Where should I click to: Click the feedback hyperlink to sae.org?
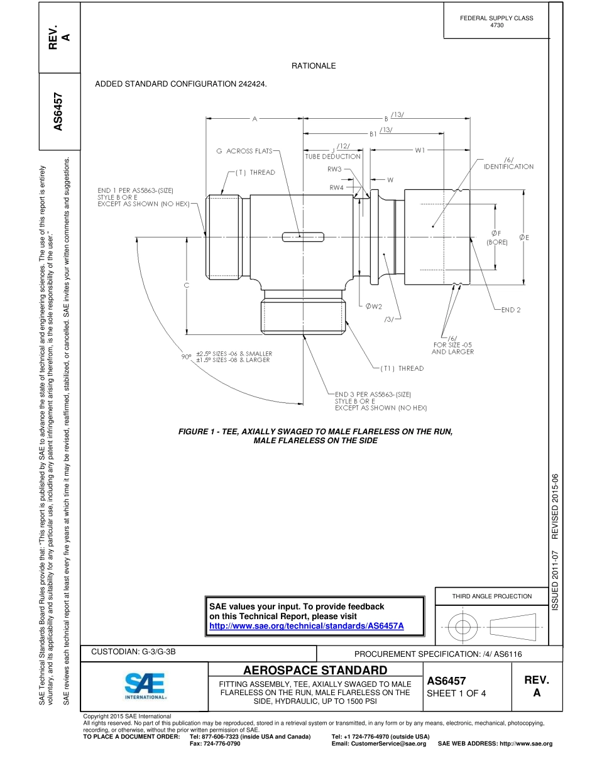pyautogui.click(x=306, y=626)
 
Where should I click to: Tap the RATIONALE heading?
pyautogui.click(x=314, y=66)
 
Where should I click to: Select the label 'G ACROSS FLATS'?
pyautogui.click(x=244, y=151)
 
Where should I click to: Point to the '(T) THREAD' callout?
pyautogui.click(x=255, y=172)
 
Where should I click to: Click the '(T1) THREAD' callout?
pyautogui.click(x=402, y=368)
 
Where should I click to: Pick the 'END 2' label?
pyautogui.click(x=511, y=310)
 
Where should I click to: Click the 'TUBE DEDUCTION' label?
pyautogui.click(x=333, y=157)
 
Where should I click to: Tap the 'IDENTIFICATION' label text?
pyautogui.click(x=508, y=167)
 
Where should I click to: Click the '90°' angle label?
pyautogui.click(x=186, y=357)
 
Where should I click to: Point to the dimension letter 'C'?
pyautogui.click(x=187, y=286)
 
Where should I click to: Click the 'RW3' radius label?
pyautogui.click(x=334, y=169)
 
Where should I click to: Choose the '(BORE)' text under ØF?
pyautogui.click(x=496, y=241)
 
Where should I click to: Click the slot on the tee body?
pyautogui.click(x=303, y=237)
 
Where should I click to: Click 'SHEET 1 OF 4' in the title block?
pyautogui.click(x=456, y=694)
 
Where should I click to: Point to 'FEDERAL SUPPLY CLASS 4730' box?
pyautogui.click(x=496, y=21)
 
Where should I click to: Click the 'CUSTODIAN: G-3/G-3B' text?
pyautogui.click(x=133, y=652)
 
